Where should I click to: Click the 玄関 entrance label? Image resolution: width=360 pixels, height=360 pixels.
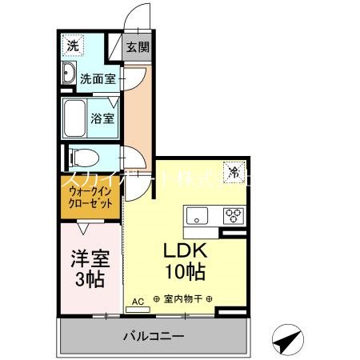coord(138,46)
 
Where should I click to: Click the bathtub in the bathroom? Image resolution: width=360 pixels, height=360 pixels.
coord(78,118)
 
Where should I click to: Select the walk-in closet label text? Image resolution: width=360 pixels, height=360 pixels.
coord(90,198)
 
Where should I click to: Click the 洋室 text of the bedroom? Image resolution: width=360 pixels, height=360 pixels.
coord(88,259)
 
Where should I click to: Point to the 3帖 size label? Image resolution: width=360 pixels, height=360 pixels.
coord(88,279)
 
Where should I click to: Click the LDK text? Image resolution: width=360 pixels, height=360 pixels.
coord(186,248)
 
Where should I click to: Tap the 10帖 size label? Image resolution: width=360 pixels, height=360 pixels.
coord(186,270)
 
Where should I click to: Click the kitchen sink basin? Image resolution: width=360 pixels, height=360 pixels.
coord(197,214)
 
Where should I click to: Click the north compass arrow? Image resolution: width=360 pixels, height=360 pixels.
coord(287,340)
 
